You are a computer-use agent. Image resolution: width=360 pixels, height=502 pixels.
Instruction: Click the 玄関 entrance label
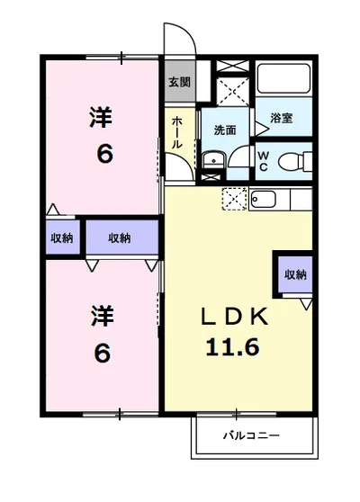[x=178, y=82]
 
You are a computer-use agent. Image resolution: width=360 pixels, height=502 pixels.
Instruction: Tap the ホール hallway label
[x=177, y=132]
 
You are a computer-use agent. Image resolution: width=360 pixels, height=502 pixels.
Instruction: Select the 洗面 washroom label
[x=224, y=130]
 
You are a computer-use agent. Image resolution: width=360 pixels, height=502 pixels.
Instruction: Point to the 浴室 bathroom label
[x=282, y=118]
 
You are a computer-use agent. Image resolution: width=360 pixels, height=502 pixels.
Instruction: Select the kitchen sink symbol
[x=263, y=199]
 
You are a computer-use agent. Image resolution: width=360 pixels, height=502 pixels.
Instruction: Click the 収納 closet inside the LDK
[x=293, y=274]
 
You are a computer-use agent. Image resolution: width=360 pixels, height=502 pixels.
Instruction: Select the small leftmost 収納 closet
[x=61, y=238]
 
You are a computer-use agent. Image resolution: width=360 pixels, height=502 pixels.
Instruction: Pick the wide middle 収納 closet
[x=121, y=238]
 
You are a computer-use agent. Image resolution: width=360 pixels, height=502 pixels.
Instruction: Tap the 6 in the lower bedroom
[x=103, y=353]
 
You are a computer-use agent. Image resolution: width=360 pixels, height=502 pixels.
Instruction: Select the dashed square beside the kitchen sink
[x=233, y=198]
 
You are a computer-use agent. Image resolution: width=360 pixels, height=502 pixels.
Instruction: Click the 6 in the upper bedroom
[x=104, y=154]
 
